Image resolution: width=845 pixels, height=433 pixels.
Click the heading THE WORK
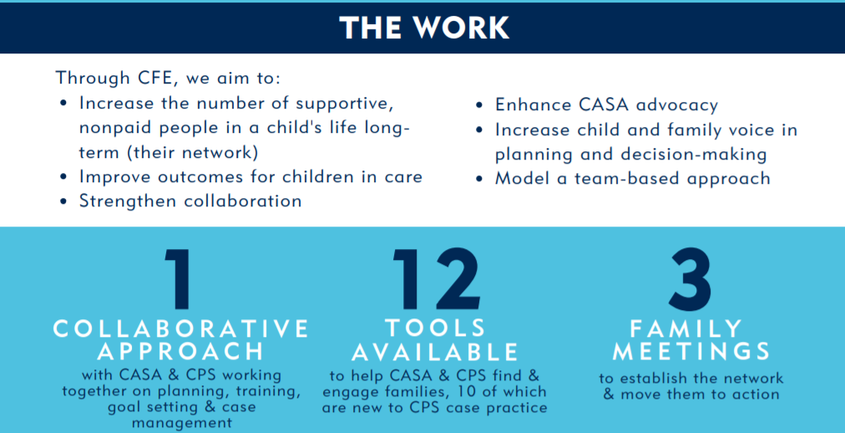pos(424,28)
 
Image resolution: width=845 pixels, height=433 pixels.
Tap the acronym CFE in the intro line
pos(154,78)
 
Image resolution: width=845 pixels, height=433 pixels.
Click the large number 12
pos(436,279)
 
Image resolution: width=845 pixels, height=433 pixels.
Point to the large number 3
pos(691,279)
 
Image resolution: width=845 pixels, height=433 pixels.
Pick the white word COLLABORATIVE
pos(181,329)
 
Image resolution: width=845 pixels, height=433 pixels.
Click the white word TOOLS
pos(435,329)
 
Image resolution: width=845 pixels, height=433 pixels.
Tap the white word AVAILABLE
pos(435,352)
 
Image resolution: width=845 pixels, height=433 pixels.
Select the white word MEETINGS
pos(691,352)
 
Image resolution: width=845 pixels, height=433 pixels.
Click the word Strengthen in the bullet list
pos(129,201)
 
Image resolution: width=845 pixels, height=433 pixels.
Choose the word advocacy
pos(676,105)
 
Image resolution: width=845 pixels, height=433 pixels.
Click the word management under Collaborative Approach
pos(182,423)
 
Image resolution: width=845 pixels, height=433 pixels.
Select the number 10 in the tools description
pos(446,391)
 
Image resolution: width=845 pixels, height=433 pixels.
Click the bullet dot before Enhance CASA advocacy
pos(479,105)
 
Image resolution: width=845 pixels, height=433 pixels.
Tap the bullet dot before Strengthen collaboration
pos(63,201)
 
